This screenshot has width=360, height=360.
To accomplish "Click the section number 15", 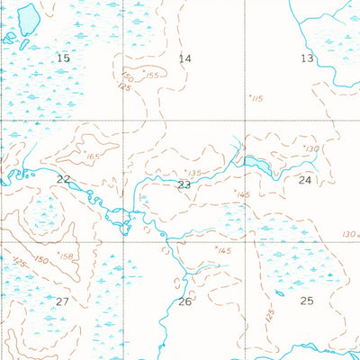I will pos(62,58).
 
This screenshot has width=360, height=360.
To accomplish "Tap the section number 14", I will pos(185,58).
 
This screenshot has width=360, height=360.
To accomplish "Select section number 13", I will pos(307,58).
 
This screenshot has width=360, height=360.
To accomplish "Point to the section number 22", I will pos(63,180).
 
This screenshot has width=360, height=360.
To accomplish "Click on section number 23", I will pos(184,184).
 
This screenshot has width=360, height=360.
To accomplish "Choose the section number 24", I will pos(305,180).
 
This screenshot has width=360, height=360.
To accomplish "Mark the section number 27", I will pos(62,301).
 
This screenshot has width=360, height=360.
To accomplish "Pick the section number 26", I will pos(185,301).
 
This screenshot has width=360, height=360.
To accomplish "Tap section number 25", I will pos(307,301).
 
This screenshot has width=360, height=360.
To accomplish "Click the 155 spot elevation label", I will pos(151,76).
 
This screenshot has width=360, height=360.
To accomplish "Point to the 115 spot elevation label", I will pos(257,98).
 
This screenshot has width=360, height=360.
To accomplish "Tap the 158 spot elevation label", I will pos(65,256).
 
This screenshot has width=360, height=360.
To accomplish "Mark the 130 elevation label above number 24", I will pos(312,148).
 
